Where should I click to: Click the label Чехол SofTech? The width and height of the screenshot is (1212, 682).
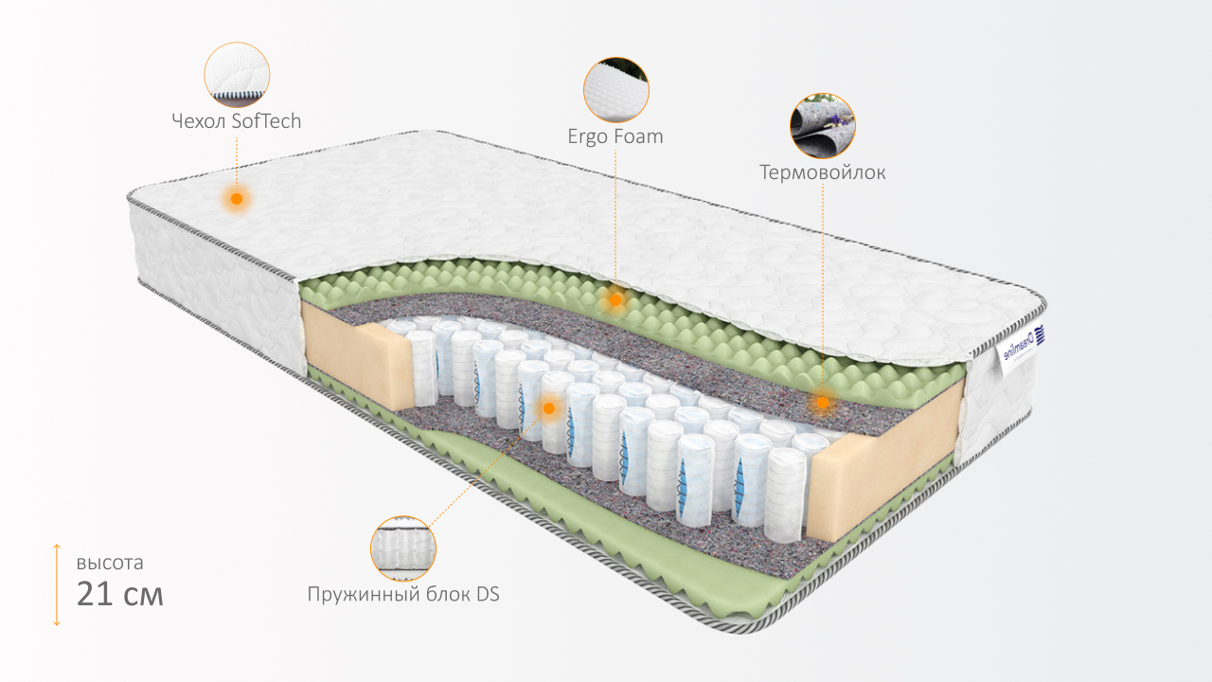point(237,120)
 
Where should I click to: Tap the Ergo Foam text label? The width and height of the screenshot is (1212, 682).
point(615,136)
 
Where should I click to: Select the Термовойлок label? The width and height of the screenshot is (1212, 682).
point(823,172)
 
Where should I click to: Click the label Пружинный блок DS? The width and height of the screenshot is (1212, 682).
point(403,594)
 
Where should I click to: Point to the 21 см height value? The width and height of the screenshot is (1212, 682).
point(119,594)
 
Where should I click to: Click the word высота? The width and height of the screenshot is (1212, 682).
point(110,563)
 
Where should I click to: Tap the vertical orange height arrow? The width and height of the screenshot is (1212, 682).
point(57,585)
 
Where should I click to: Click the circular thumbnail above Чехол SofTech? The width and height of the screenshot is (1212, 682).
point(237,75)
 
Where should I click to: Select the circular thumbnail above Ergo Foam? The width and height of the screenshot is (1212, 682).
point(616,90)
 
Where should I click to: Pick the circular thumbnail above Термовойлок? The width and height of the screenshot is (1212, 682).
point(823,126)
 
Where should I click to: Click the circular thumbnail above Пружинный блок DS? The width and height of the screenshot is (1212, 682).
point(403,548)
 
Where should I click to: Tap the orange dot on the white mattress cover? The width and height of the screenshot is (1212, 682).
point(237,199)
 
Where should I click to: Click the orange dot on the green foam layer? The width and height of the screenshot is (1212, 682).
point(615,300)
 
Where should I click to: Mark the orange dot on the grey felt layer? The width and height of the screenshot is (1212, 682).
point(823,403)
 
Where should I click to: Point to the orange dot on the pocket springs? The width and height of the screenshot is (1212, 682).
point(548,408)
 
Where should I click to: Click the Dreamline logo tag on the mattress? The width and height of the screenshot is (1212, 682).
point(1020,350)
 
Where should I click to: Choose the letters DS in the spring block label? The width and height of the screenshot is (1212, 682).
point(488,594)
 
